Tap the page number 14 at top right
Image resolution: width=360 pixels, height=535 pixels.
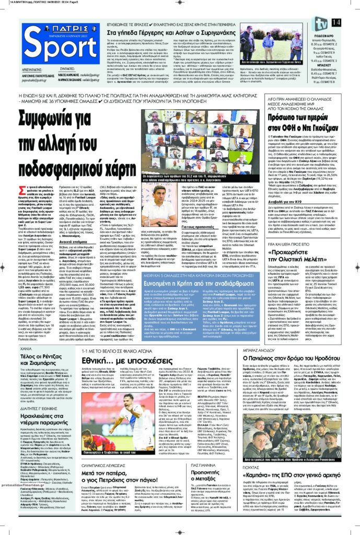pos(350,21)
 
